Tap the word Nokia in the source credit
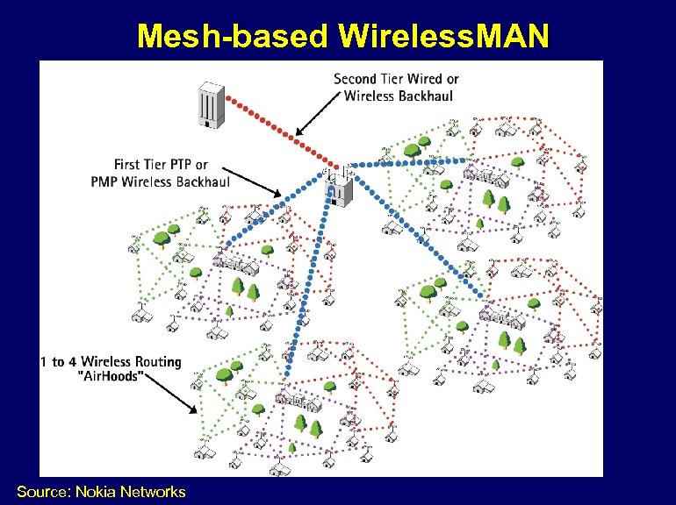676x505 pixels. (100, 492)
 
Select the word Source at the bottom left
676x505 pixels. (44, 492)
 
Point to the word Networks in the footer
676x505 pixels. (155, 492)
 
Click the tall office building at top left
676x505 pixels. (209, 105)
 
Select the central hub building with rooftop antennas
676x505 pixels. (339, 187)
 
